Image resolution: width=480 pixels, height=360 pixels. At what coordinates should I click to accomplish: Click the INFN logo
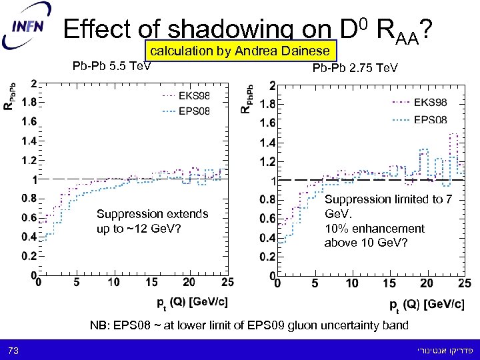[27, 29]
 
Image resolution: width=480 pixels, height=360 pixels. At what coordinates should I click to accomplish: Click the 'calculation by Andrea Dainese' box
[239, 51]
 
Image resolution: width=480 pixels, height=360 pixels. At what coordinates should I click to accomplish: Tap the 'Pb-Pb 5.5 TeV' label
[111, 66]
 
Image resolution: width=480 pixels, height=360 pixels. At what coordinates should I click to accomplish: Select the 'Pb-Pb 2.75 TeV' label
[355, 68]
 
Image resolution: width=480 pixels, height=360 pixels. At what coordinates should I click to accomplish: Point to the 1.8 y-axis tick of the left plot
[28, 103]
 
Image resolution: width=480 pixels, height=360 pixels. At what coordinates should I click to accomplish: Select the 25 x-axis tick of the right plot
[464, 284]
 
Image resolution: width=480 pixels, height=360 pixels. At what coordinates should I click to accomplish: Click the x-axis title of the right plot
[427, 305]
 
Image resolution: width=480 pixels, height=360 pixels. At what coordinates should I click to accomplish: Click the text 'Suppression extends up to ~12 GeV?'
[152, 221]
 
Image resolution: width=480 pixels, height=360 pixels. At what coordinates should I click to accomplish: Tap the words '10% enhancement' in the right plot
[374, 229]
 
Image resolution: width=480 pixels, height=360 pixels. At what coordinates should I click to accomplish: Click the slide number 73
[14, 350]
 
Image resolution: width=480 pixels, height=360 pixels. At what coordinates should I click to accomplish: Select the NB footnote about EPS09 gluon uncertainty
[249, 326]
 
